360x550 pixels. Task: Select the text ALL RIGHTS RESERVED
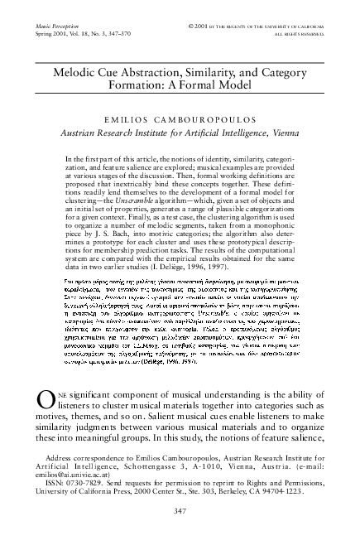[x=293, y=25]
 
